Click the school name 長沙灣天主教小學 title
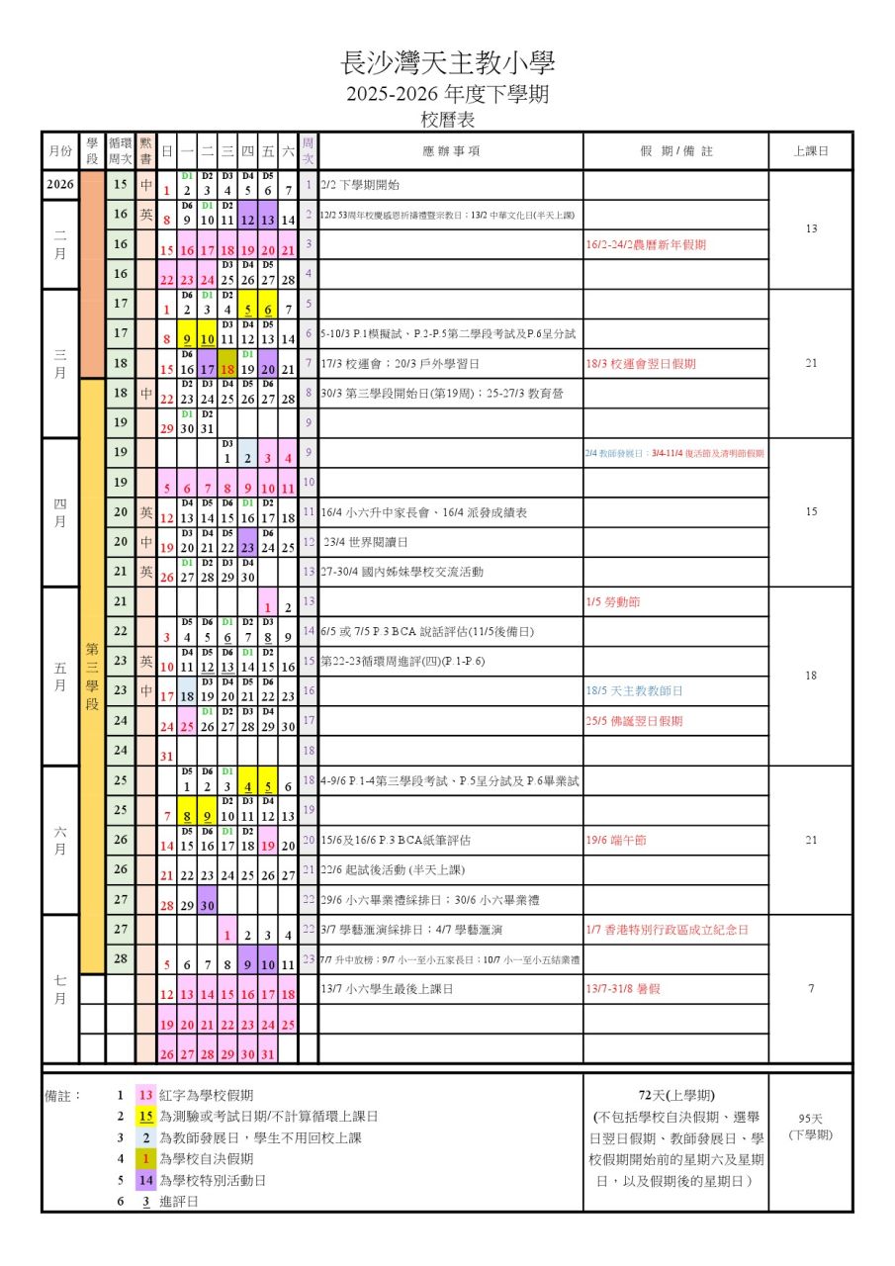coord(447,64)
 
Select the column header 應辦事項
coord(450,151)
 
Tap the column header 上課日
coord(810,151)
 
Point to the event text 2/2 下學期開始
coord(360,185)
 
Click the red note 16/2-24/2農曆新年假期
coord(646,244)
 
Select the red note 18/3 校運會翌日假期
coord(640,363)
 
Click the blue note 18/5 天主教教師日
coord(634,690)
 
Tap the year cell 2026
coord(59,185)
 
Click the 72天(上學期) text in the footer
coord(676,1095)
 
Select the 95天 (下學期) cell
coord(810,1127)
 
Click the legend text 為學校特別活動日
coord(212,1180)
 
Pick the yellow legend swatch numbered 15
coord(145,1116)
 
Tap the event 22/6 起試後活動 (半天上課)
coord(393,869)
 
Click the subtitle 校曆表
coord(447,120)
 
